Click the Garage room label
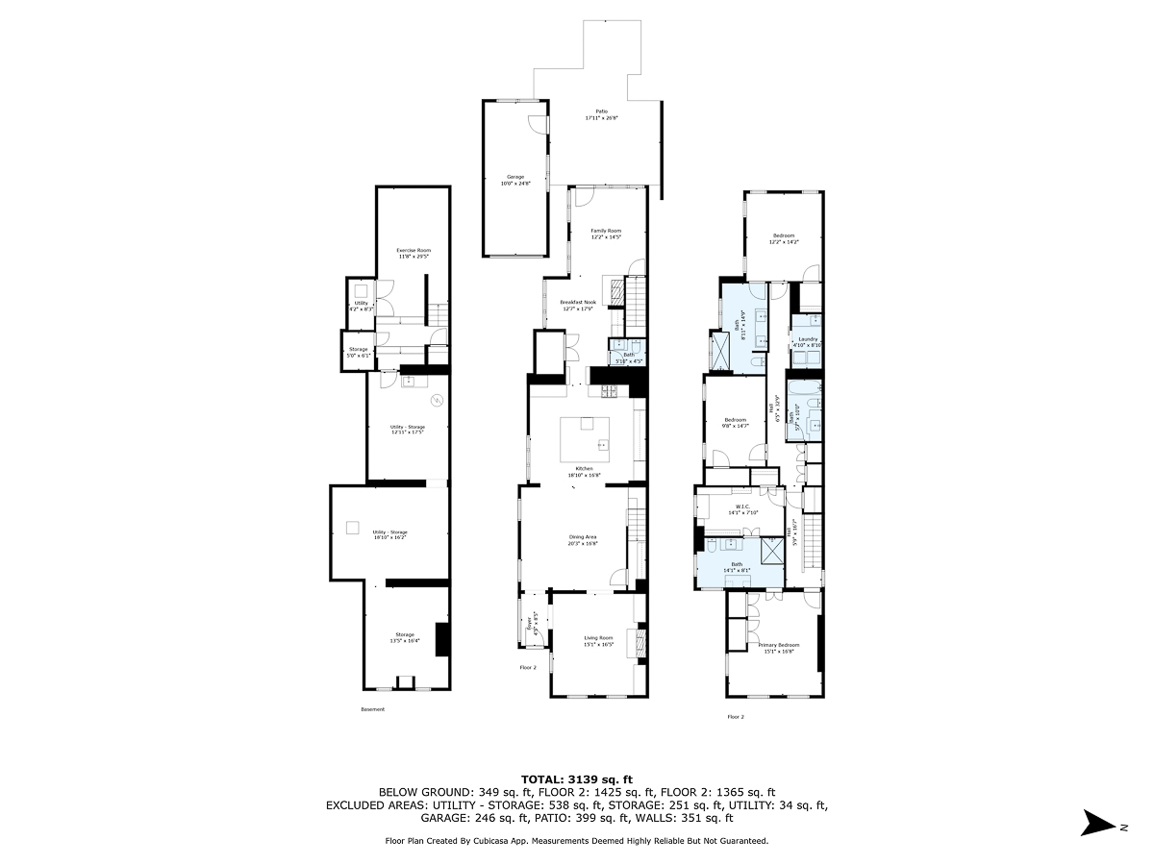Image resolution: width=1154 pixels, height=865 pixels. [515, 180]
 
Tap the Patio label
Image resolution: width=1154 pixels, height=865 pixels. [602, 114]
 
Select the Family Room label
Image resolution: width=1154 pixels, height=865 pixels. [606, 234]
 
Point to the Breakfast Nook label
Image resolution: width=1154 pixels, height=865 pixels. [579, 305]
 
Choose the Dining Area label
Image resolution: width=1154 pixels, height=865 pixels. [583, 539]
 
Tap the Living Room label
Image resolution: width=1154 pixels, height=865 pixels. [598, 641]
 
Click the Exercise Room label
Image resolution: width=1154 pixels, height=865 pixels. [414, 254]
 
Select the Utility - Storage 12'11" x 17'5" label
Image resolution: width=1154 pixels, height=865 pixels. [408, 430]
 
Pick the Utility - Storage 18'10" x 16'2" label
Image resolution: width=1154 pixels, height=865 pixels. [390, 535]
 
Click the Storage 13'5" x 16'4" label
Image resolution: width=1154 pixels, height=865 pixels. [406, 637]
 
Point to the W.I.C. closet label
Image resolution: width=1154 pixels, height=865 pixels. [741, 510]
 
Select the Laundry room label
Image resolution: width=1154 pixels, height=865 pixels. [807, 341]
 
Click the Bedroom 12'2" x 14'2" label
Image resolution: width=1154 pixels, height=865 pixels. [784, 238]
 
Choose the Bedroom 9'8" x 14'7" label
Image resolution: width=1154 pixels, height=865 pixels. [736, 423]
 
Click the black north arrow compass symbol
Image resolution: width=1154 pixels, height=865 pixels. [1096, 823]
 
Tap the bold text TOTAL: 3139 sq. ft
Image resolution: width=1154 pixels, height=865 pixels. [577, 778]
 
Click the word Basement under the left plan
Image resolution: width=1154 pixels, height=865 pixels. [372, 709]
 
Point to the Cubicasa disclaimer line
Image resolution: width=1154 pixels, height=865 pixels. [577, 840]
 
